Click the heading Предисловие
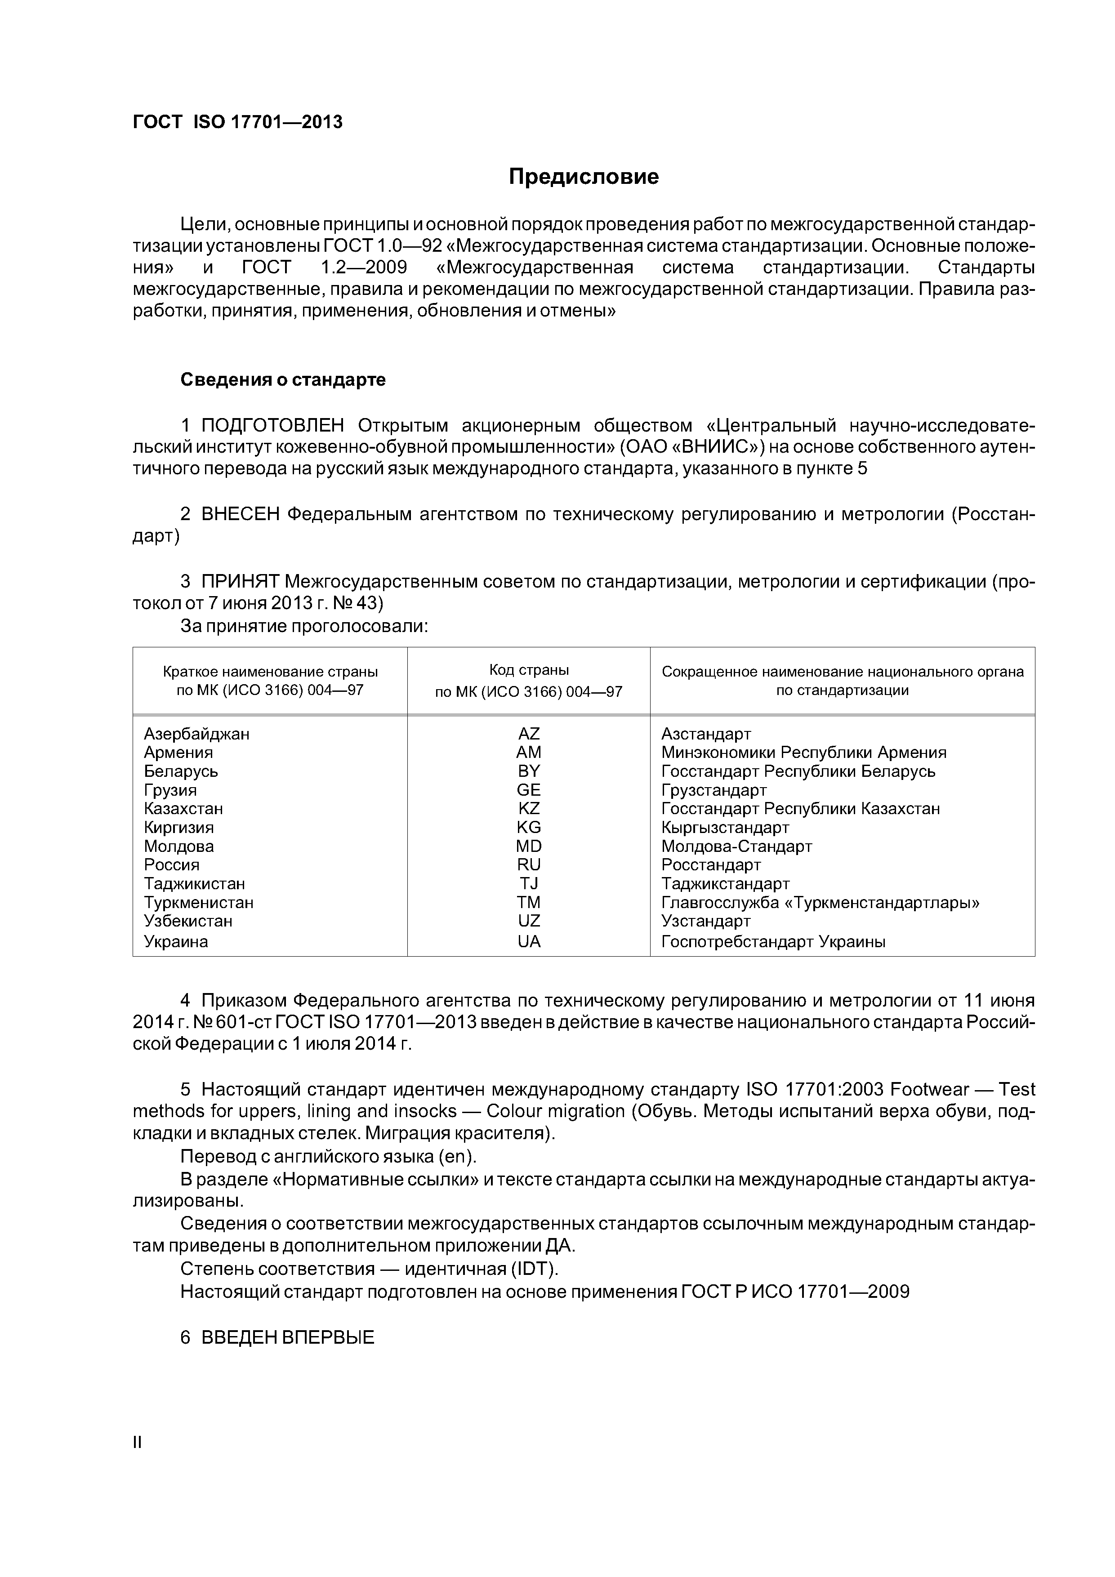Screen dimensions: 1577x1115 (x=583, y=177)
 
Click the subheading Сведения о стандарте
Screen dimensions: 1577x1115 (x=283, y=380)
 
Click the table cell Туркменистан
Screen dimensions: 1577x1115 (x=199, y=903)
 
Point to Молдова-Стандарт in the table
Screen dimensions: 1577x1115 (x=736, y=846)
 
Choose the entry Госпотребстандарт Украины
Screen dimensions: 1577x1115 (x=773, y=942)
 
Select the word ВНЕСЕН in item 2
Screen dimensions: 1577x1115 (x=241, y=514)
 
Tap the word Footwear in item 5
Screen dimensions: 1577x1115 (x=929, y=1089)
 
